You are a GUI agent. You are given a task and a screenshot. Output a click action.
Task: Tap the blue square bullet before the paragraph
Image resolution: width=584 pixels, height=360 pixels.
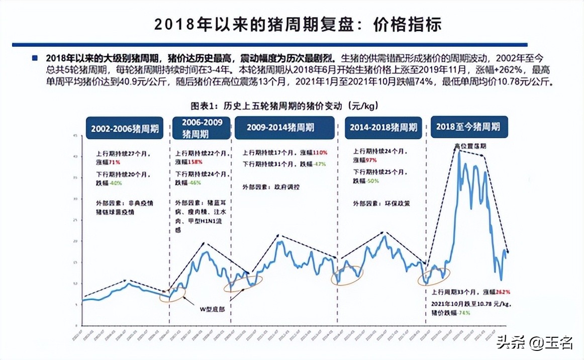[35, 58]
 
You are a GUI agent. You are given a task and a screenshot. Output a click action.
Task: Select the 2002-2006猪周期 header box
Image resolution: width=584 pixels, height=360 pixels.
[125, 128]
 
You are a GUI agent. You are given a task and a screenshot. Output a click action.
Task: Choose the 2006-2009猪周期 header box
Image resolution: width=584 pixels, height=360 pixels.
[202, 128]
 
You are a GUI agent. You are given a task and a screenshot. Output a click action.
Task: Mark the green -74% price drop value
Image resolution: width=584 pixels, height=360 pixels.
[463, 313]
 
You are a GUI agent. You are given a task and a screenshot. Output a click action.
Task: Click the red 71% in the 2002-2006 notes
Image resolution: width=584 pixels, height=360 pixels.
[113, 162]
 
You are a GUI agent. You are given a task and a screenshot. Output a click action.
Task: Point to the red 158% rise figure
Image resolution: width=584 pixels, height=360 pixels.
[196, 162]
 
